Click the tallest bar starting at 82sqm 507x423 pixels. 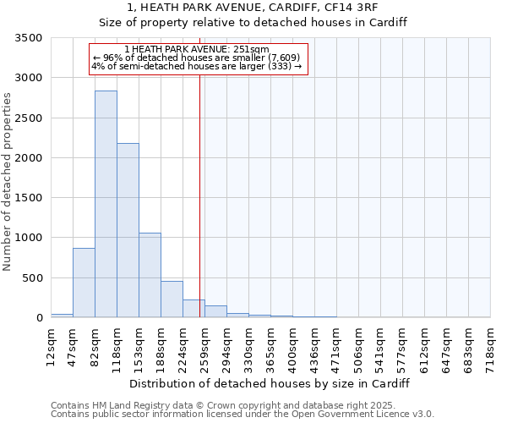106,204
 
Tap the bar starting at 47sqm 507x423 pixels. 84,283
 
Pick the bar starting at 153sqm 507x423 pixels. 150,275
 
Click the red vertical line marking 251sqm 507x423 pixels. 199,195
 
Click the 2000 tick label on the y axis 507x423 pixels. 31,158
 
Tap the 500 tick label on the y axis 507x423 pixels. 35,278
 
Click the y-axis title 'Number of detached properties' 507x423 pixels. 8,182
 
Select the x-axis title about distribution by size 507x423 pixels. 270,383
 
